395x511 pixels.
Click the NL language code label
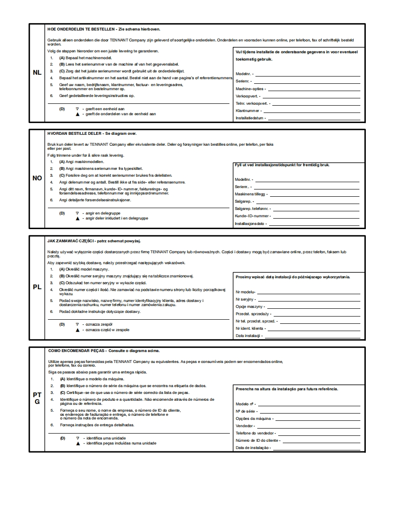click(37, 73)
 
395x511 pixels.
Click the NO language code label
click(37, 178)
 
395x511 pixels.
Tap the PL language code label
click(37, 287)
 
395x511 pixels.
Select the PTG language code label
click(37, 399)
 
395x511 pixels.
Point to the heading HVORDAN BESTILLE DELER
click(75, 134)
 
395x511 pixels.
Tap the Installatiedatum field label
click(249, 118)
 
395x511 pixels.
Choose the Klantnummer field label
click(248, 111)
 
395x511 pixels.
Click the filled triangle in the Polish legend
click(78, 330)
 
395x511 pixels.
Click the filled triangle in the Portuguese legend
click(78, 443)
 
